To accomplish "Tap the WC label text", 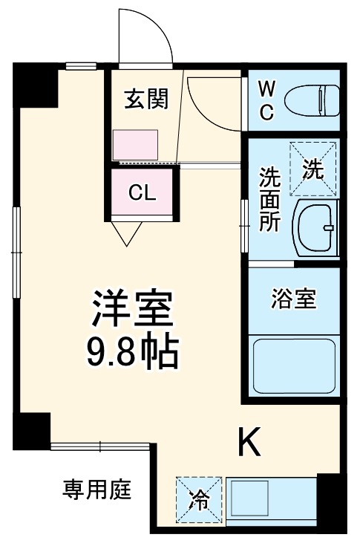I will point(266,100).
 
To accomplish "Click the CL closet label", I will point(142,192).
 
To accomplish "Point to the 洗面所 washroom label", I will point(268,199).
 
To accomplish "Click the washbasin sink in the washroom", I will point(315,226).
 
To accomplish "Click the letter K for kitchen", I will point(249,443).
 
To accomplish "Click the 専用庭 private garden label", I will point(96,490).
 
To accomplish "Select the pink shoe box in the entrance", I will point(134,143).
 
